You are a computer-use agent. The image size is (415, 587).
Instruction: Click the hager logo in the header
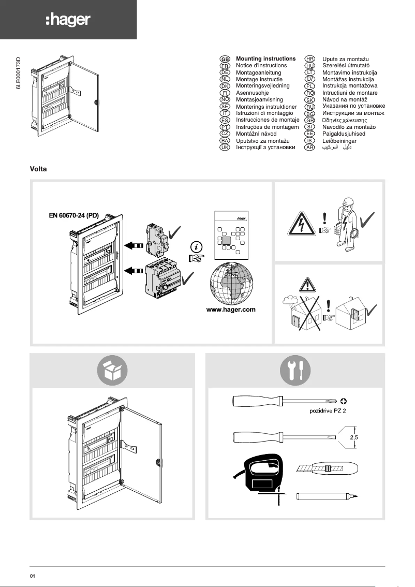coord(68,20)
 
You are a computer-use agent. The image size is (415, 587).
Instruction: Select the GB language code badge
coord(225,60)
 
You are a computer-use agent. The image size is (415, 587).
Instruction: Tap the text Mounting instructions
coord(265,59)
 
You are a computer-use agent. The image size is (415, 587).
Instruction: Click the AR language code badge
coord(310,148)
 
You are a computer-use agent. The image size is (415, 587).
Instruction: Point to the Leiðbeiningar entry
coord(340,141)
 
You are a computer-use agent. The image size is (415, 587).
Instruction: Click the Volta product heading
coord(39,169)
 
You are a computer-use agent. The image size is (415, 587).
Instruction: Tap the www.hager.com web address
coord(231,310)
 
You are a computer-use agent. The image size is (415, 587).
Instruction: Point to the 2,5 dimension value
coord(354,437)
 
